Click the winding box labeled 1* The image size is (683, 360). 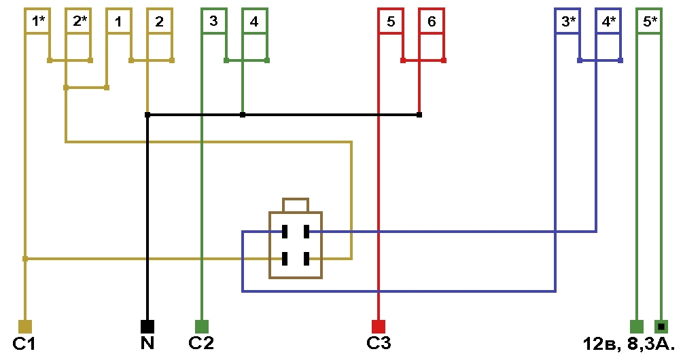pyautogui.click(x=37, y=21)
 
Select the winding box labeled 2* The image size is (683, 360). pyautogui.click(x=78, y=21)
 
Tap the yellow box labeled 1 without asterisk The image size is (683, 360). pyautogui.click(x=119, y=21)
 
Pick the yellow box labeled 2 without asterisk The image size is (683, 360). pyautogui.click(x=160, y=21)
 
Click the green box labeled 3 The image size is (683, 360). pyautogui.click(x=214, y=21)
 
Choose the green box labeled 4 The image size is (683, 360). pyautogui.click(x=255, y=21)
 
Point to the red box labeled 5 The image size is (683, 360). pyautogui.click(x=391, y=21)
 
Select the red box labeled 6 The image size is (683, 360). pyautogui.click(x=432, y=21)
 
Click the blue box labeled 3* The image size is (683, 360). pyautogui.click(x=567, y=21)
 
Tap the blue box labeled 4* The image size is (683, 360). pyautogui.click(x=608, y=21)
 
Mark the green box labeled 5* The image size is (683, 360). pyautogui.click(x=649, y=21)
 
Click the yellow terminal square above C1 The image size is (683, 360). pyautogui.click(x=25, y=327)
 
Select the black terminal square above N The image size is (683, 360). pyautogui.click(x=147, y=327)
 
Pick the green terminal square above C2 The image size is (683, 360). pyautogui.click(x=202, y=327)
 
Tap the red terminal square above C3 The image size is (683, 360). pyautogui.click(x=379, y=327)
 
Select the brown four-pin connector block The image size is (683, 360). pyautogui.click(x=296, y=245)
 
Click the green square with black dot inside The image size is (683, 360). pyautogui.click(x=661, y=327)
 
